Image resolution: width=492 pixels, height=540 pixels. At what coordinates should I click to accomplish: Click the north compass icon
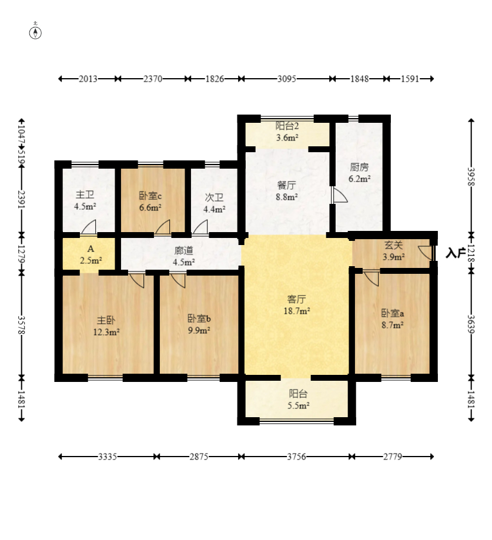pos(35,32)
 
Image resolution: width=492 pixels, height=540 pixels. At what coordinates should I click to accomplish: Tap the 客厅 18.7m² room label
pos(297,305)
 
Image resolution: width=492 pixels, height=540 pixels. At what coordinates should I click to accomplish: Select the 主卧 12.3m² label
pos(106,326)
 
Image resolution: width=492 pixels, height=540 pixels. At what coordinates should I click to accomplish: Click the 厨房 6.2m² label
pos(359,173)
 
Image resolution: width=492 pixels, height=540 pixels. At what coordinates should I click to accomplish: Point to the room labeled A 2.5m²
pos(91,254)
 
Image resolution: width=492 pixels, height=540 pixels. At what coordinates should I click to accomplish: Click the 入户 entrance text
pos(456,253)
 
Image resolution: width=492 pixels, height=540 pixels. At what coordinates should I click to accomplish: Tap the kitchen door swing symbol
pos(339,195)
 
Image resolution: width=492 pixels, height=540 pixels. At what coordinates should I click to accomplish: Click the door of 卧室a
pos(371,279)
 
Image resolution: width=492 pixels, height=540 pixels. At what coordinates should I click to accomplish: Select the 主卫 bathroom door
pos(89,227)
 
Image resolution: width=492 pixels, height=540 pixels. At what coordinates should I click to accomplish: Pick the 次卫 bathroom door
pos(200,227)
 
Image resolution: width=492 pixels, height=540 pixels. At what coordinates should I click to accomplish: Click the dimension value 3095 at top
pos(287,79)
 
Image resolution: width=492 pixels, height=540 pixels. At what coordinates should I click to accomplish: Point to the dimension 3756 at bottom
pos(296,457)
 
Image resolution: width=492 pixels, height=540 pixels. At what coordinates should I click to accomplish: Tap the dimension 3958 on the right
pos(471,177)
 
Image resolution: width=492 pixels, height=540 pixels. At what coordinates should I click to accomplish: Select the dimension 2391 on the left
pos(21,199)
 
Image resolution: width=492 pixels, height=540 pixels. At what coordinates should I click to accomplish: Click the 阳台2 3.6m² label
pos(287,132)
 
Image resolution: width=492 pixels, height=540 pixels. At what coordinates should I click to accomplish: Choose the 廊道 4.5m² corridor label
pos(183,256)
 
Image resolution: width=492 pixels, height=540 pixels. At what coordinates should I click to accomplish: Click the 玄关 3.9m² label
pos(393,251)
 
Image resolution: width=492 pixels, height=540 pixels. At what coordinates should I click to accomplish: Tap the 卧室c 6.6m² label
pos(150,202)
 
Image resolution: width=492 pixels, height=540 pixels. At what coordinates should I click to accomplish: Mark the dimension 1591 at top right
pos(410,79)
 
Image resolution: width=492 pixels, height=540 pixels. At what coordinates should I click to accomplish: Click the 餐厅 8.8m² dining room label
pos(287,191)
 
